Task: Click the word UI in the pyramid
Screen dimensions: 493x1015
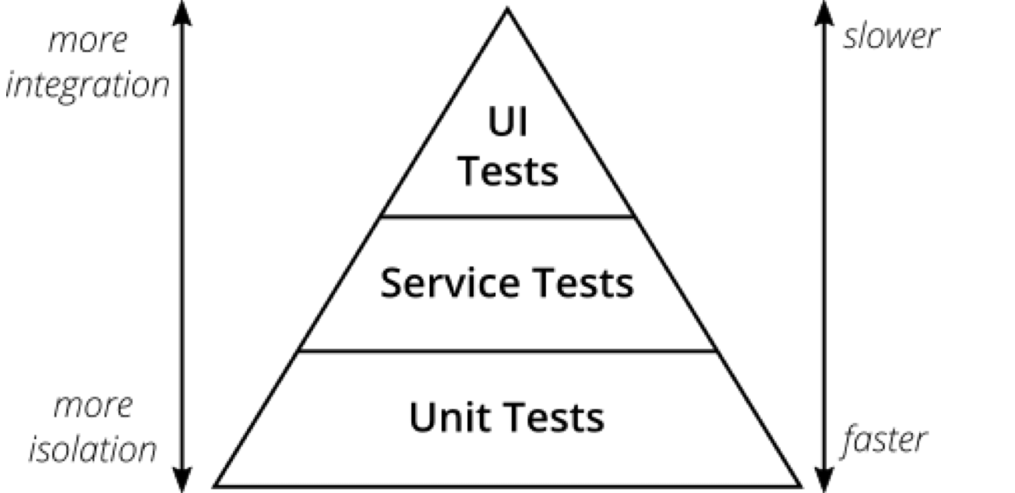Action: pyautogui.click(x=507, y=125)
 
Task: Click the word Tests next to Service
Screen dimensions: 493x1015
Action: pyautogui.click(x=584, y=283)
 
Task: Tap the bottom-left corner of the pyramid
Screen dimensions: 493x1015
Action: pyautogui.click(x=217, y=484)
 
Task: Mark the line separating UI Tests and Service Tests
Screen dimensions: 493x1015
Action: pyautogui.click(x=507, y=216)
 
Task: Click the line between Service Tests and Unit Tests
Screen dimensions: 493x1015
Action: pyautogui.click(x=507, y=351)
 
